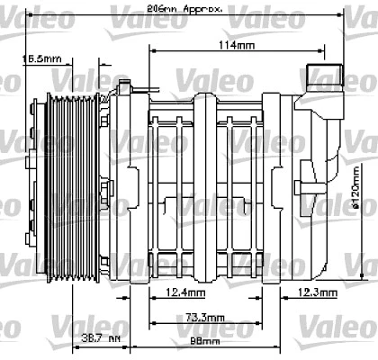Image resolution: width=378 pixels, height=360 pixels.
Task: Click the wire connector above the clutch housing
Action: tap(123, 85)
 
